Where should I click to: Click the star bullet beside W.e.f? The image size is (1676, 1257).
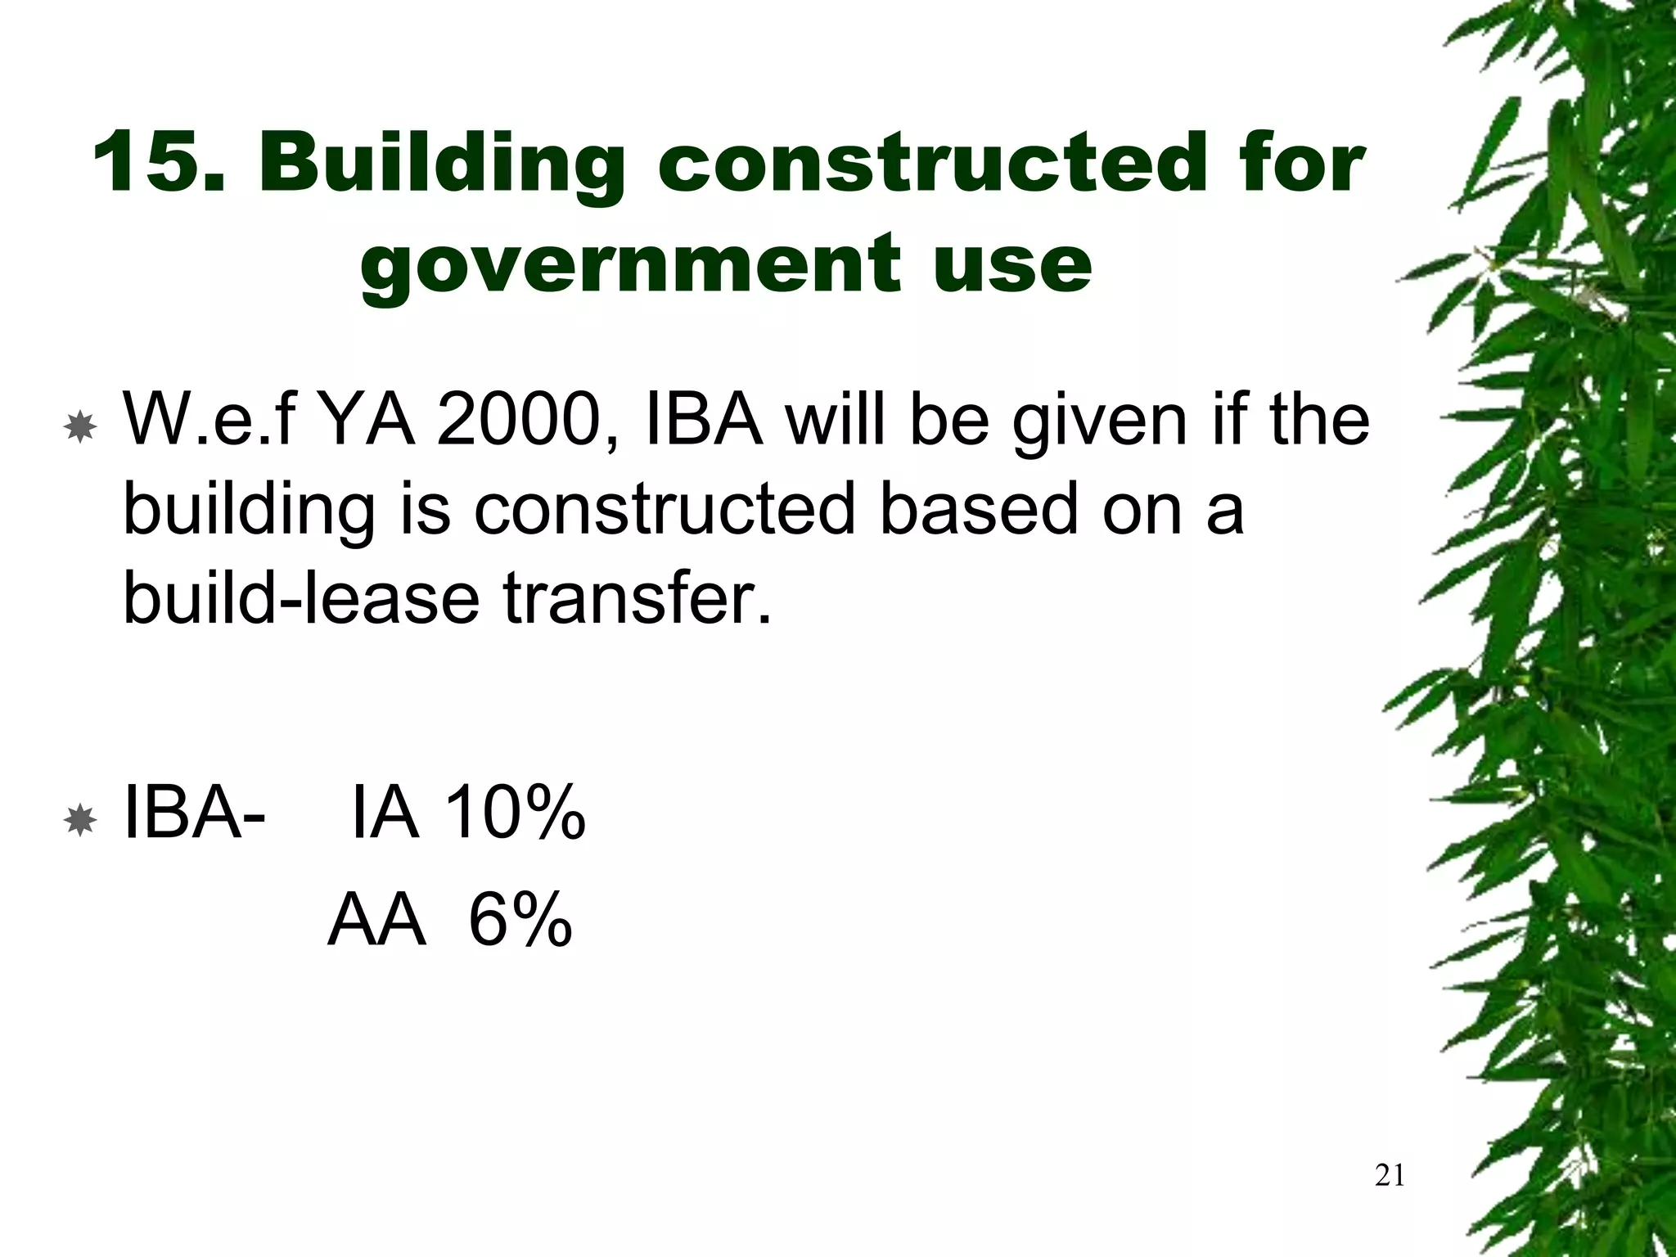pos(79,427)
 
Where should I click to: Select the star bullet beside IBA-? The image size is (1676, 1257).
pos(79,819)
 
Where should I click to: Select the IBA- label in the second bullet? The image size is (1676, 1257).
pos(193,813)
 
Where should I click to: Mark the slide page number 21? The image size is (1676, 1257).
pos(1390,1176)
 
